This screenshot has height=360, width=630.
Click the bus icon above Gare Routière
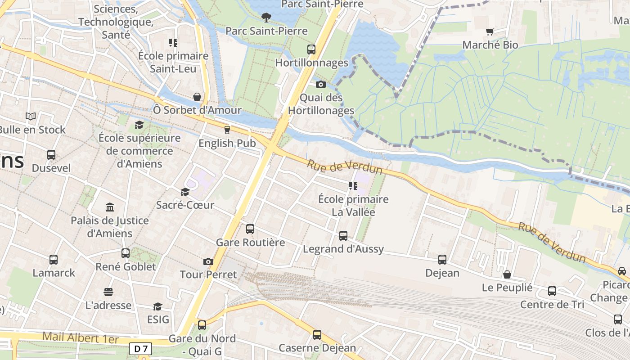tap(250, 229)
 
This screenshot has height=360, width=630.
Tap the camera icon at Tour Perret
tap(208, 261)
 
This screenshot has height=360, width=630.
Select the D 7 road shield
tap(140, 348)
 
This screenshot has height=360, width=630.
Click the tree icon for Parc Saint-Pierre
tap(266, 18)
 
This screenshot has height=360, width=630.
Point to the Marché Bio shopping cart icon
tap(490, 31)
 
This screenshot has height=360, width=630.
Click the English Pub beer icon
tap(227, 130)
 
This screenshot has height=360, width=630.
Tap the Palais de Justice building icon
tap(110, 207)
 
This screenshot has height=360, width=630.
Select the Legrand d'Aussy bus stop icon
tap(343, 236)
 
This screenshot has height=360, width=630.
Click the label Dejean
tap(442, 273)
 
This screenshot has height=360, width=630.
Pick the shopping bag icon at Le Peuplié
tap(507, 274)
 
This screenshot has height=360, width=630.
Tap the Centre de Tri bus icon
tap(552, 291)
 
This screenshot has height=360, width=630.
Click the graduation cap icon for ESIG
tap(157, 306)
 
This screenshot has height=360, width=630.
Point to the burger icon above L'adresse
tap(108, 292)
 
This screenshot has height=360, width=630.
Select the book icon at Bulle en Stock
tap(31, 117)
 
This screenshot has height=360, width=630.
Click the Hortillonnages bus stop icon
tap(311, 49)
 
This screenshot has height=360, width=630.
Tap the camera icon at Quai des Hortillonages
tap(321, 84)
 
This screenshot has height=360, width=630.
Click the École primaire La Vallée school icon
tap(353, 185)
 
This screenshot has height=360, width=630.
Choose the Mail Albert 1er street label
tap(81, 337)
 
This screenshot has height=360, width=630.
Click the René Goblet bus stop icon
tap(126, 253)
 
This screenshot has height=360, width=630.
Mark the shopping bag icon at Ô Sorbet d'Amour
tap(197, 97)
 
